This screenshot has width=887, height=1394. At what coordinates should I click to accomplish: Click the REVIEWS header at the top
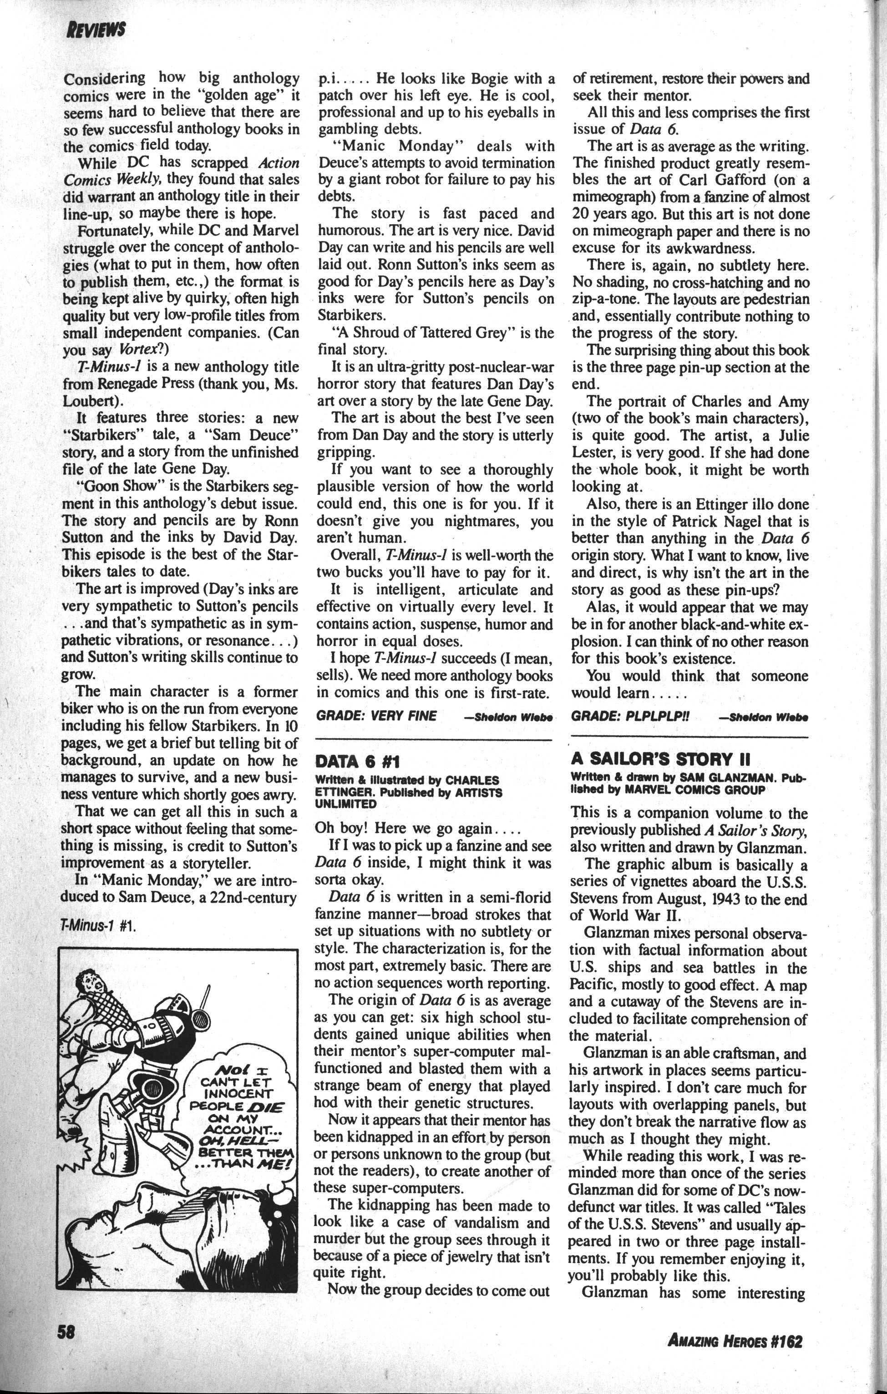pos(96,30)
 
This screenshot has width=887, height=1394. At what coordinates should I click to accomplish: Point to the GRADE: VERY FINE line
pos(376,716)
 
